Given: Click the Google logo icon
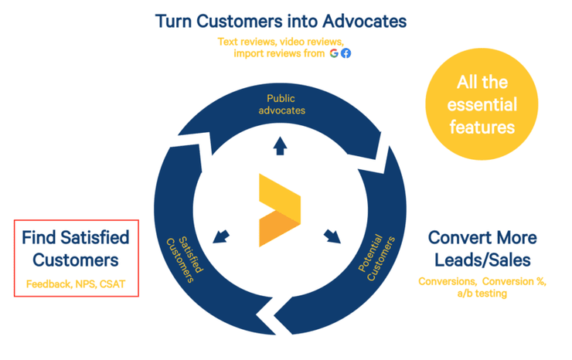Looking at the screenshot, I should (334, 53).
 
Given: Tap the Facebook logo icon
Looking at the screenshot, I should (346, 53).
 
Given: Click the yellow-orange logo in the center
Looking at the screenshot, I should (280, 210).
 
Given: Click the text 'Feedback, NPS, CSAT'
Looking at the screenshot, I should (76, 284).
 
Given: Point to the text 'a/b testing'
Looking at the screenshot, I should (482, 294).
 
